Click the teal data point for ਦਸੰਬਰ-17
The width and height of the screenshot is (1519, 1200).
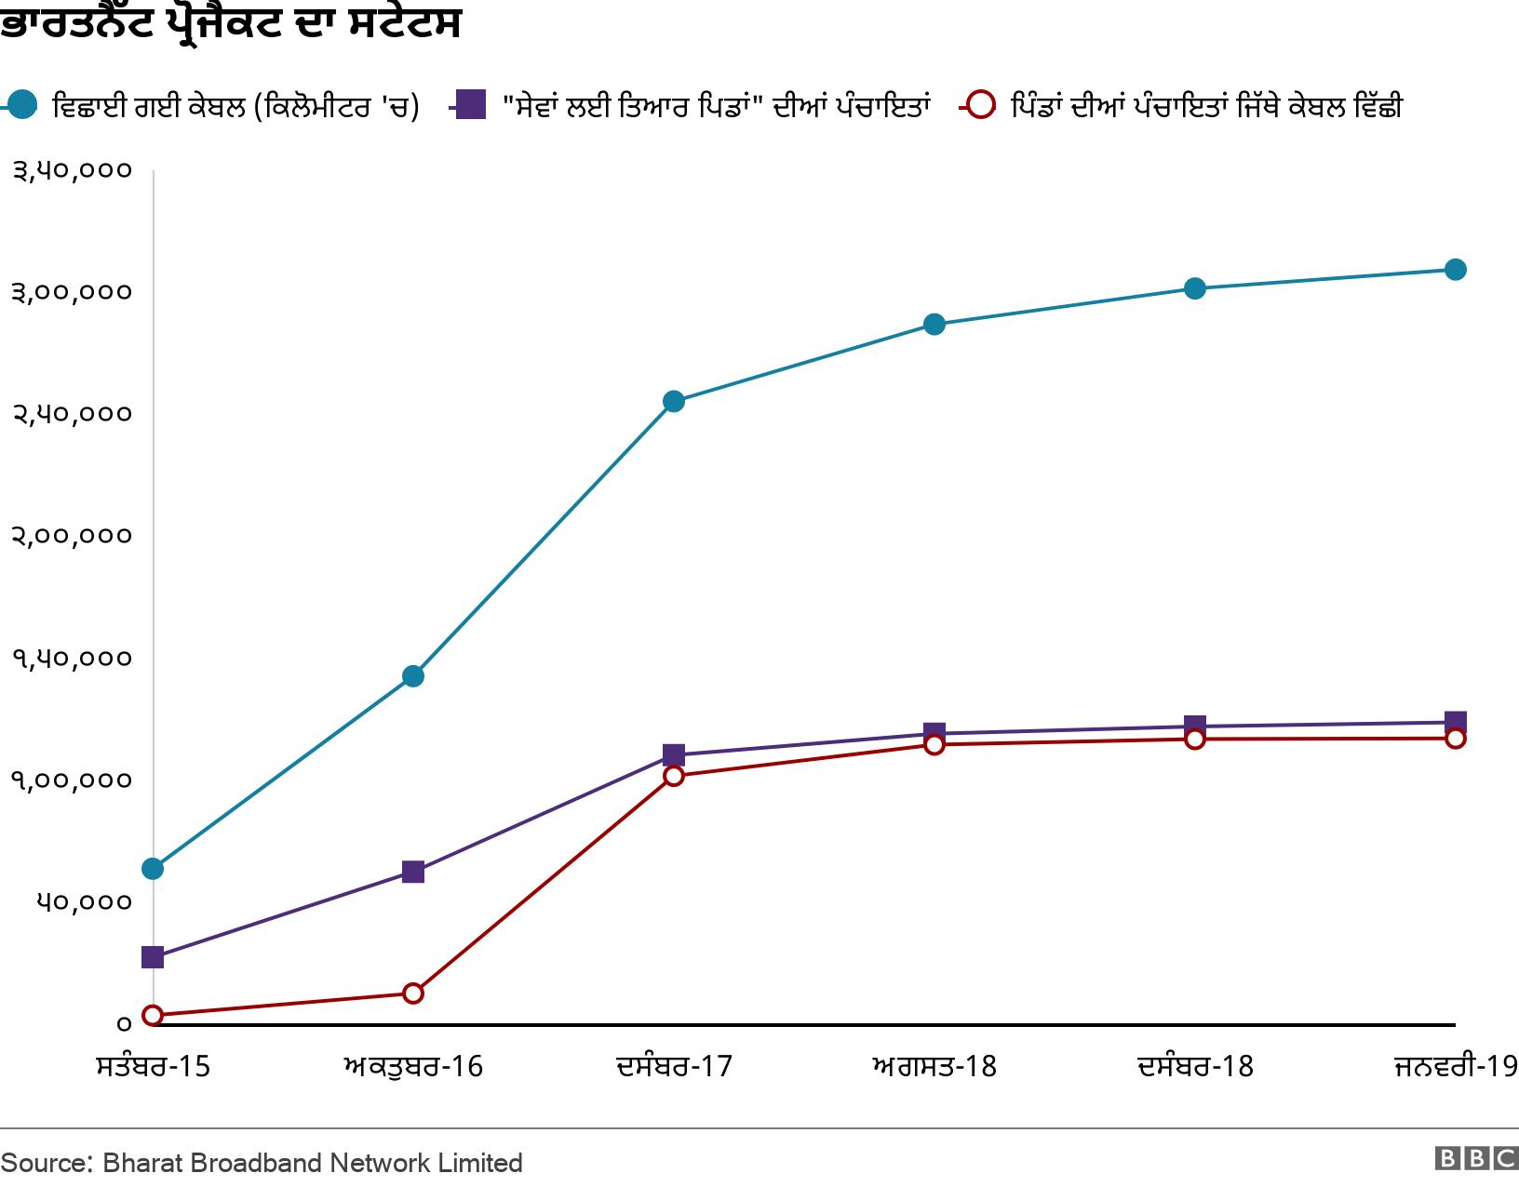(674, 402)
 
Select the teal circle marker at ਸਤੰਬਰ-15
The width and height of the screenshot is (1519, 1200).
(153, 869)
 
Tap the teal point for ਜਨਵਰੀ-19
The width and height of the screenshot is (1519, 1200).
(1455, 270)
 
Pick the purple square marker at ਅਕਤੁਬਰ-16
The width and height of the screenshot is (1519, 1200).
(413, 872)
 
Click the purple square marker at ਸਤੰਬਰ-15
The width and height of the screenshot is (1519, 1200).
(153, 957)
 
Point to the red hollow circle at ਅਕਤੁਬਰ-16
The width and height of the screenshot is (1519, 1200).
(413, 993)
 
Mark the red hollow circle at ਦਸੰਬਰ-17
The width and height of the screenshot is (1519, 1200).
(674, 776)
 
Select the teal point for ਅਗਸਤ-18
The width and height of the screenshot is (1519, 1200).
(934, 325)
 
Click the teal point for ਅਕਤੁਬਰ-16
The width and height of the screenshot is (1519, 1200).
(413, 676)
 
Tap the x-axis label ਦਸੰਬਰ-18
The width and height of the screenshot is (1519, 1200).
(1195, 1066)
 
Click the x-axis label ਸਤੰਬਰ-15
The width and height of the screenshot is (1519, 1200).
(154, 1066)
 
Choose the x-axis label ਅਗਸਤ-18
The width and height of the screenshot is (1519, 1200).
(934, 1066)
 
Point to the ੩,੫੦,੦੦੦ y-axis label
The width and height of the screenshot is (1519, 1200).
(72, 171)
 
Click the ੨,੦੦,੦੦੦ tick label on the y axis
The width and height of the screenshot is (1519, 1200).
(72, 537)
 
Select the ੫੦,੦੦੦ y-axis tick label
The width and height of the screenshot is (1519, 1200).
(84, 902)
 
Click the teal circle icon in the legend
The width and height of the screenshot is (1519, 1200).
(23, 105)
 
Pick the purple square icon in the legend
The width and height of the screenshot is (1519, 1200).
(471, 105)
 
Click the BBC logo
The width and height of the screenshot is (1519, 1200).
(1476, 1159)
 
